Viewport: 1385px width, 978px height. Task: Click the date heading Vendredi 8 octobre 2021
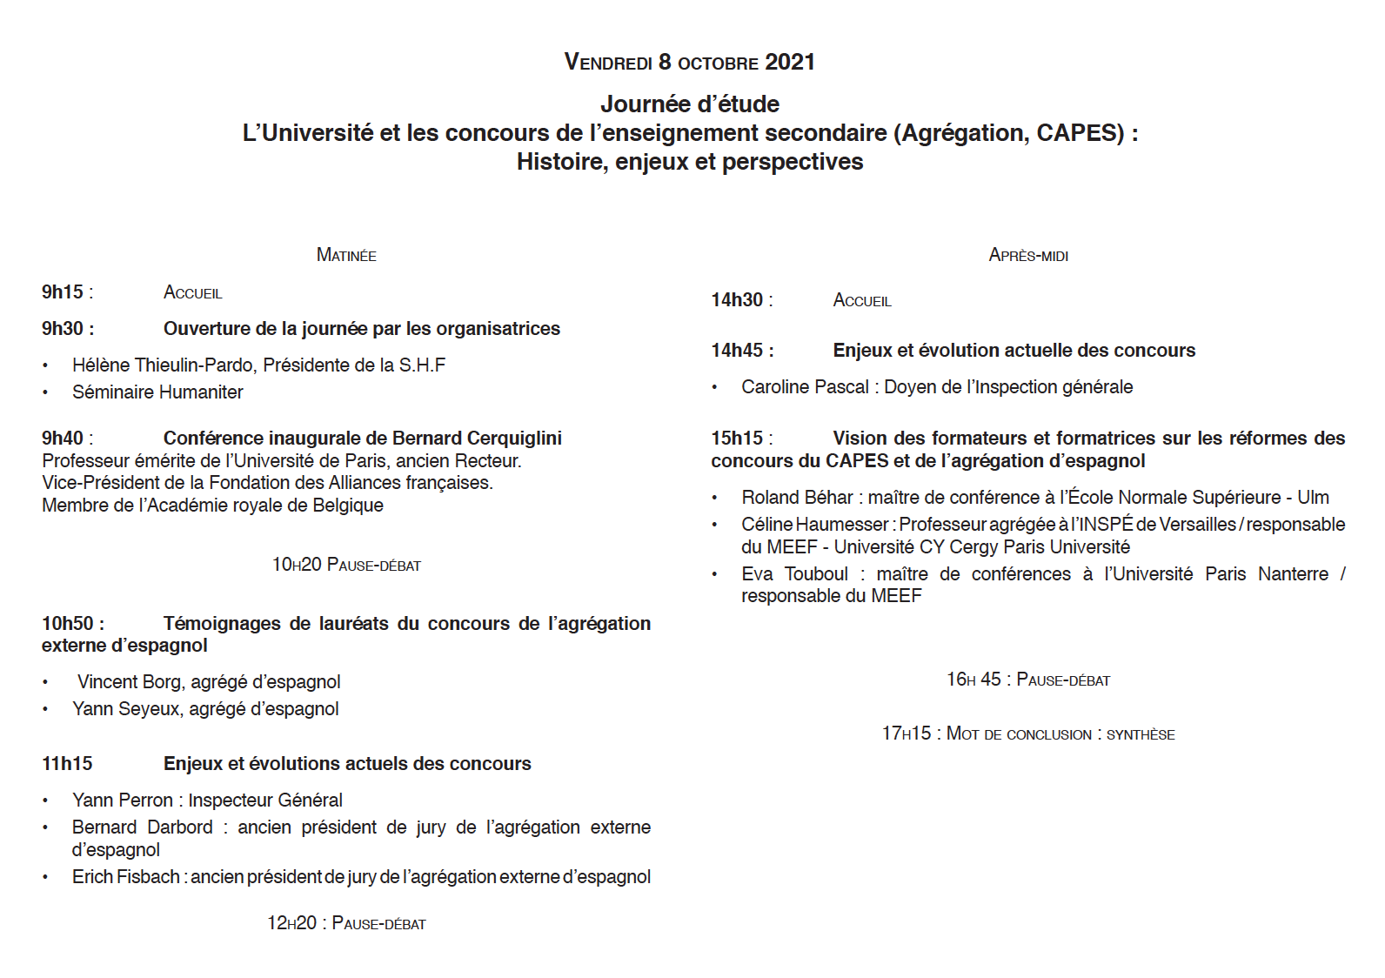tap(689, 63)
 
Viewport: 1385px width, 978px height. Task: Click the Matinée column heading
tap(346, 255)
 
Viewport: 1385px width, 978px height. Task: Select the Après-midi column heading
tap(1028, 255)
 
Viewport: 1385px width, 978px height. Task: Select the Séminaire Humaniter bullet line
tap(157, 392)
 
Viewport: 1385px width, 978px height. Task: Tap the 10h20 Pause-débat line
tap(346, 566)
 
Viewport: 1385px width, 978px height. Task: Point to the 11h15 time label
tap(67, 764)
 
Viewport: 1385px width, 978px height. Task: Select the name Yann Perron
tap(123, 800)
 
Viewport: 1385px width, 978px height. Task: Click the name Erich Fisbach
tap(126, 877)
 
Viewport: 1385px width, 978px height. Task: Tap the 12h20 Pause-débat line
tap(346, 924)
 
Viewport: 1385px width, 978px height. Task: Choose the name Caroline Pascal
tap(805, 387)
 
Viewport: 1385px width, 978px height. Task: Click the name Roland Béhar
tap(797, 498)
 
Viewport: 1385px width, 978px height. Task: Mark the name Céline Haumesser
tap(814, 525)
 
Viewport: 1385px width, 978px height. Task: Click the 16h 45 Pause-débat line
tap(1028, 680)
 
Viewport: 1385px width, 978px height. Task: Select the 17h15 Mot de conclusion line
tap(1028, 734)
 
